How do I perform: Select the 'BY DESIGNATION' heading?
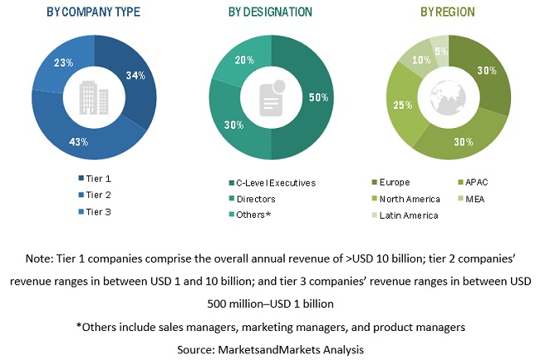click(269, 12)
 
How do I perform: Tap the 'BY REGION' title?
click(449, 12)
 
